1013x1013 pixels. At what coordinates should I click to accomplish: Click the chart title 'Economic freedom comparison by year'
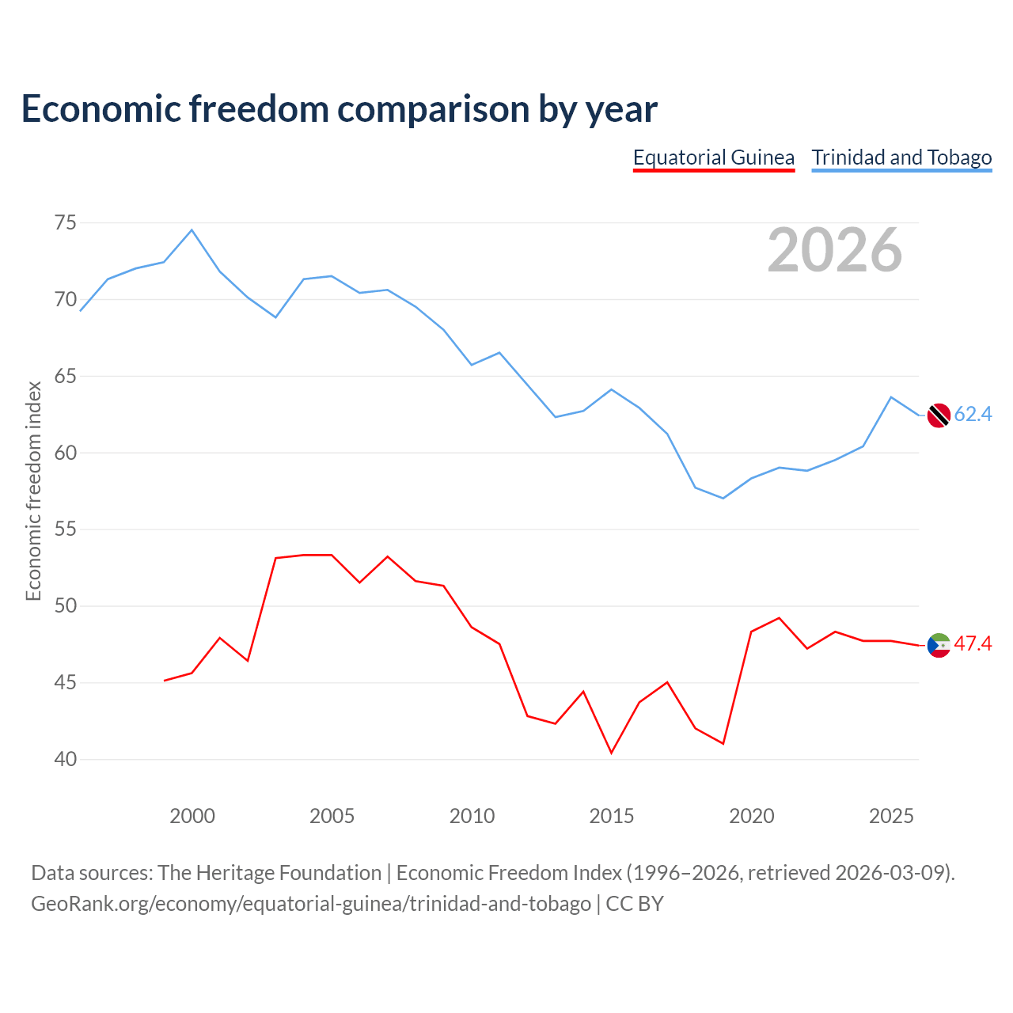(339, 108)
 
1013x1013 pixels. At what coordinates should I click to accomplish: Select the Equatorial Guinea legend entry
(713, 157)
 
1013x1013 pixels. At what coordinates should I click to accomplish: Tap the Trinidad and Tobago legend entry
(901, 157)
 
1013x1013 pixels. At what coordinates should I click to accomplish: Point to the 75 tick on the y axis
(65, 223)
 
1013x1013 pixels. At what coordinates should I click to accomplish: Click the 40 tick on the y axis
(65, 759)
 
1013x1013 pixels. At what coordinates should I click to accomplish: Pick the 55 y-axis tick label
(65, 529)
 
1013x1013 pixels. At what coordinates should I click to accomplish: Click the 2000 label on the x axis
(192, 816)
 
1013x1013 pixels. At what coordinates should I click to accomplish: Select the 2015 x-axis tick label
(612, 816)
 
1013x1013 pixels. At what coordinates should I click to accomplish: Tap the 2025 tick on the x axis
(891, 816)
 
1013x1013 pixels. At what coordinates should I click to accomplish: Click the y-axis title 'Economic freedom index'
(33, 491)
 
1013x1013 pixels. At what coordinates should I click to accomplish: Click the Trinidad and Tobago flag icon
(939, 415)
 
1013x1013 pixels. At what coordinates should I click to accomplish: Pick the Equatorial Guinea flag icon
(939, 645)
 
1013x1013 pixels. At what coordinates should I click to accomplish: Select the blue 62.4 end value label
(973, 414)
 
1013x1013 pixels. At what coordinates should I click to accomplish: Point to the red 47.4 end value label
(973, 643)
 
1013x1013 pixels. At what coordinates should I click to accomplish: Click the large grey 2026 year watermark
(835, 250)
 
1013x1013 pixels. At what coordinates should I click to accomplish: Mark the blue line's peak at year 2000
(192, 230)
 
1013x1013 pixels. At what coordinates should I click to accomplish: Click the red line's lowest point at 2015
(612, 753)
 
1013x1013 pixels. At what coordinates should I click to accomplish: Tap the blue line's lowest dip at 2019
(723, 498)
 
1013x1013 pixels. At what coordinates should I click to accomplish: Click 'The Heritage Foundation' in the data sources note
(270, 873)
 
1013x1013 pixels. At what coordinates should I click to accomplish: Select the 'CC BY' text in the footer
(635, 904)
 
